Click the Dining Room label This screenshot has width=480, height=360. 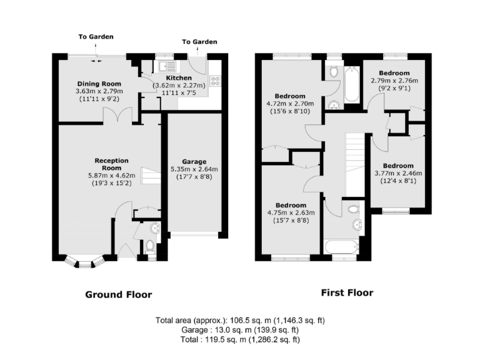98,83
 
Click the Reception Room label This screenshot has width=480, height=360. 102,164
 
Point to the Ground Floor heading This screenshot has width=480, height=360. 118,294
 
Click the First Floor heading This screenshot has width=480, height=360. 347,292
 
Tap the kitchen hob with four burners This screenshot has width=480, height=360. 216,80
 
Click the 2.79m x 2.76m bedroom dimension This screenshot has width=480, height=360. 394,81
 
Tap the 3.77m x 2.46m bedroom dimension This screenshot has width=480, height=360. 398,174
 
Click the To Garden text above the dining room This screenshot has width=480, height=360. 96,37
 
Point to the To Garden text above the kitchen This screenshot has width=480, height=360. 199,42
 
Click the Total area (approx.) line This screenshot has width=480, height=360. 240,321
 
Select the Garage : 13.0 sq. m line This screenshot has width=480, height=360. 240,330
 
